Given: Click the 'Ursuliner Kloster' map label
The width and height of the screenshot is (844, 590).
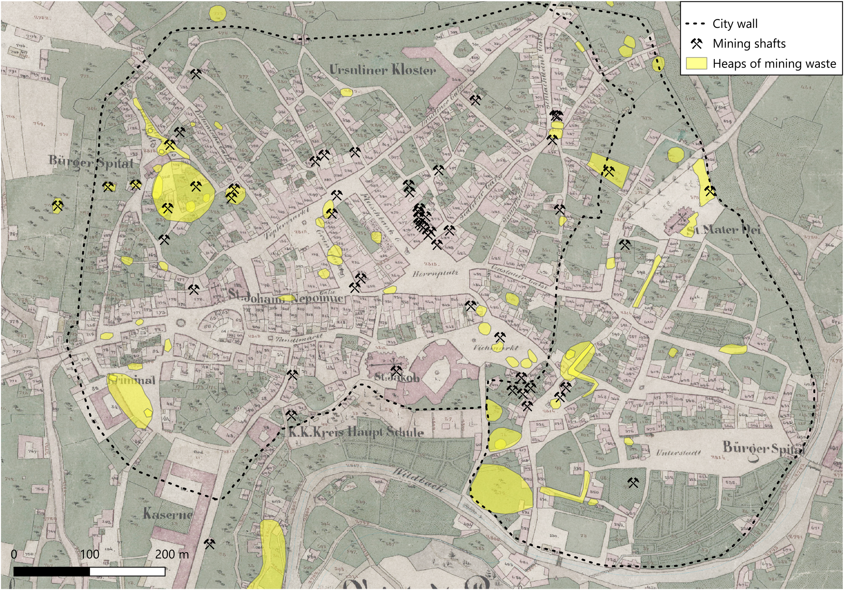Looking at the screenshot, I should click(x=382, y=70).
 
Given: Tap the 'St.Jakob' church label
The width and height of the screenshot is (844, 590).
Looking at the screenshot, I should click(x=396, y=377).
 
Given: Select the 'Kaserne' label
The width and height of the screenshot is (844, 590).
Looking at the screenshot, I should click(x=167, y=513).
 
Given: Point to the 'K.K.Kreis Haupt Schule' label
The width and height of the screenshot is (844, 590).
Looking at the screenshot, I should click(x=356, y=432).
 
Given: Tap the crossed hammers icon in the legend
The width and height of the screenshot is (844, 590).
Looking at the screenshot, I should click(x=696, y=44).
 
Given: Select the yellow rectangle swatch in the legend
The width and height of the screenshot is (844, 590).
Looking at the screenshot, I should click(x=696, y=63).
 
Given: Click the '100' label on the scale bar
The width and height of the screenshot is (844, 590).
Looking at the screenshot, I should click(x=90, y=554).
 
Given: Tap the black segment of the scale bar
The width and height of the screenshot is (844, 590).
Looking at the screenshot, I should click(x=51, y=571).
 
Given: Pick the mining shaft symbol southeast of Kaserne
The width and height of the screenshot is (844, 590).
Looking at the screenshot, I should click(x=210, y=544).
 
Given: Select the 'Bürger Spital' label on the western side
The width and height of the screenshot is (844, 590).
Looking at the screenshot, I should click(x=91, y=162).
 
